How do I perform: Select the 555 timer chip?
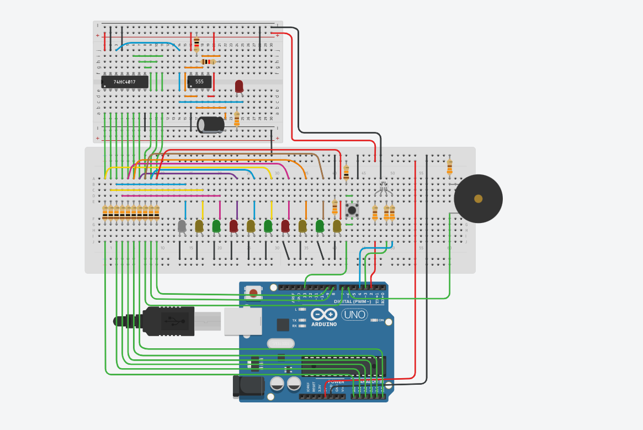point(199,82)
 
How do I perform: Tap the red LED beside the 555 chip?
point(239,86)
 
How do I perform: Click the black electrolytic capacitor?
point(211,124)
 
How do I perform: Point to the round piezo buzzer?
point(478,199)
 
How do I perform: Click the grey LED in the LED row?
point(182,225)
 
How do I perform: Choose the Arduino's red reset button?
point(253,293)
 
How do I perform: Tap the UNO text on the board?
point(354,315)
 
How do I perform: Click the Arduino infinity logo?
point(324,315)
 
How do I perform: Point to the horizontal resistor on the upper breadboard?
point(208,62)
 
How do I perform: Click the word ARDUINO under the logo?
point(324,324)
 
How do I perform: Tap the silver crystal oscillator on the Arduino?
point(280,344)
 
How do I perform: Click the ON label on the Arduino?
point(381,320)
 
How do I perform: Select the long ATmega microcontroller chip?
point(342,367)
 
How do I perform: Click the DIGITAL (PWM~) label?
point(352,301)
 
